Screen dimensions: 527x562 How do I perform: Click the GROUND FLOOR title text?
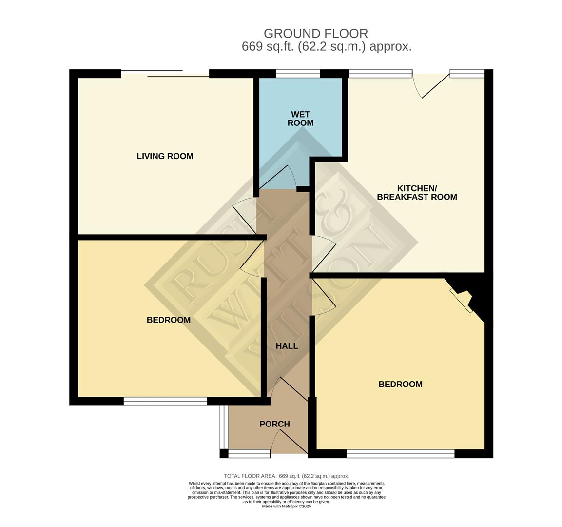[315, 34]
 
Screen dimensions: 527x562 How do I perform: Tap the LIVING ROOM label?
[165, 156]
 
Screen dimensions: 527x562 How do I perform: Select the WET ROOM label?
[300, 119]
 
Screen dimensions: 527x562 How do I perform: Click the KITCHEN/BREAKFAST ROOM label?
[417, 193]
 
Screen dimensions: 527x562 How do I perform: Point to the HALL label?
[287, 346]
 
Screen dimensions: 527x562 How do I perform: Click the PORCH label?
[274, 424]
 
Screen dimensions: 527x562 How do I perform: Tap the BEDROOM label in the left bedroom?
[169, 320]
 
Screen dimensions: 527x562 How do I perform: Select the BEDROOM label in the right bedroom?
[400, 384]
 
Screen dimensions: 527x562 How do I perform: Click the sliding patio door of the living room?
[165, 74]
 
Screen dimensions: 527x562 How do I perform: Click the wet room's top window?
[298, 74]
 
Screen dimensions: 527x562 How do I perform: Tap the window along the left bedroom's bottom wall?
[165, 401]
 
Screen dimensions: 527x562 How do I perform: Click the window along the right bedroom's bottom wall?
[400, 454]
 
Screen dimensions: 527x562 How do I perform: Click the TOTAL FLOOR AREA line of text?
[286, 476]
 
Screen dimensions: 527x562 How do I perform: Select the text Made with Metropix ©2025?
[286, 506]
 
